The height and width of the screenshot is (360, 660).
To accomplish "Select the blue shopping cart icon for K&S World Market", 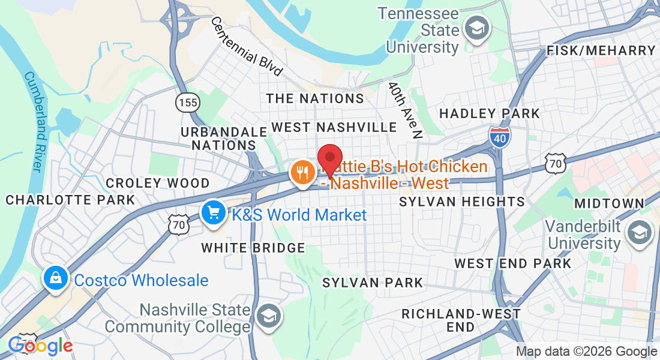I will point(212,213).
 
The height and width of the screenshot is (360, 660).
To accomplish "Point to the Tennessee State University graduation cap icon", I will point(478,28).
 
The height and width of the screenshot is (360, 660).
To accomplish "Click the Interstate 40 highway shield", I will point(499,137).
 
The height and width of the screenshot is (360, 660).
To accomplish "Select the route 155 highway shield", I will point(187,102).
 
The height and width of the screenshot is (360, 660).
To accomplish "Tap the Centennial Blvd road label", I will point(246,46).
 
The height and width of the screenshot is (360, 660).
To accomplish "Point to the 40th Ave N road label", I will point(405,110).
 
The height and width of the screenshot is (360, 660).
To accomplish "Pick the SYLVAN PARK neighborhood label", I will point(373,283).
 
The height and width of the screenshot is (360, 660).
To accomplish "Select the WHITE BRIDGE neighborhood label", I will point(253,247).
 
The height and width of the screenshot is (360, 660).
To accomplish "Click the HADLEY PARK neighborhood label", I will point(490,113).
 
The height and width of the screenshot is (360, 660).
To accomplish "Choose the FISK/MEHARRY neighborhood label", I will point(601,51).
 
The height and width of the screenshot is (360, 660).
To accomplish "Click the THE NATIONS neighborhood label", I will point(315,98).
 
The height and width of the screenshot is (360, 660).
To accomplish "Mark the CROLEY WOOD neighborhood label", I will point(158,183).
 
